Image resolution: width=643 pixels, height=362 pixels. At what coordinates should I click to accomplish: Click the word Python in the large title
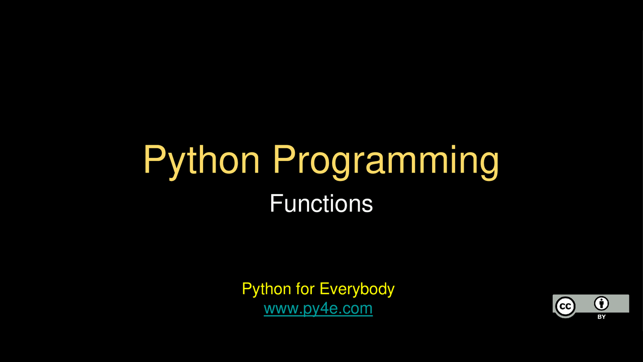click(x=201, y=160)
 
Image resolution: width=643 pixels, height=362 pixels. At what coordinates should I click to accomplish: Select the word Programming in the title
click(x=386, y=160)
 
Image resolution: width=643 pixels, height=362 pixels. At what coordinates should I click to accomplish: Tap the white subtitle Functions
click(x=321, y=204)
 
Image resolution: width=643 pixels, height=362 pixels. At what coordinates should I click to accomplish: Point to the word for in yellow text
click(x=305, y=289)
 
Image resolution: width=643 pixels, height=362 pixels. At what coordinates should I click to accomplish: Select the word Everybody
click(x=357, y=289)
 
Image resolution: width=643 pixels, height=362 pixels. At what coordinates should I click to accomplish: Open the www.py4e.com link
click(x=318, y=308)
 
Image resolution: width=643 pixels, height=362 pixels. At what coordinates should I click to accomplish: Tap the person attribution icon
click(x=601, y=303)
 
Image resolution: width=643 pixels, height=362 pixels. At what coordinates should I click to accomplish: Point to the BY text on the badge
click(x=601, y=317)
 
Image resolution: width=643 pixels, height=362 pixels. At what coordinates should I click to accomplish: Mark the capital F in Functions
click(x=275, y=204)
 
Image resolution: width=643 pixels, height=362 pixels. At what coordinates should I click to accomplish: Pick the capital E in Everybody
click(x=324, y=289)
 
